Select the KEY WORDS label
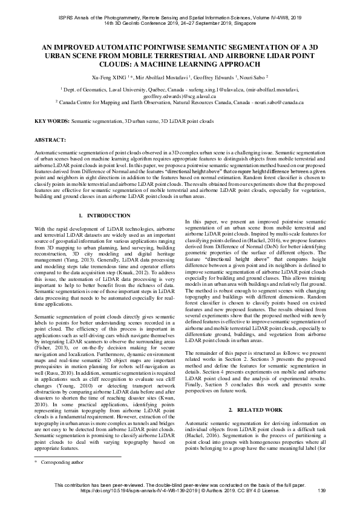click(51, 122)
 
